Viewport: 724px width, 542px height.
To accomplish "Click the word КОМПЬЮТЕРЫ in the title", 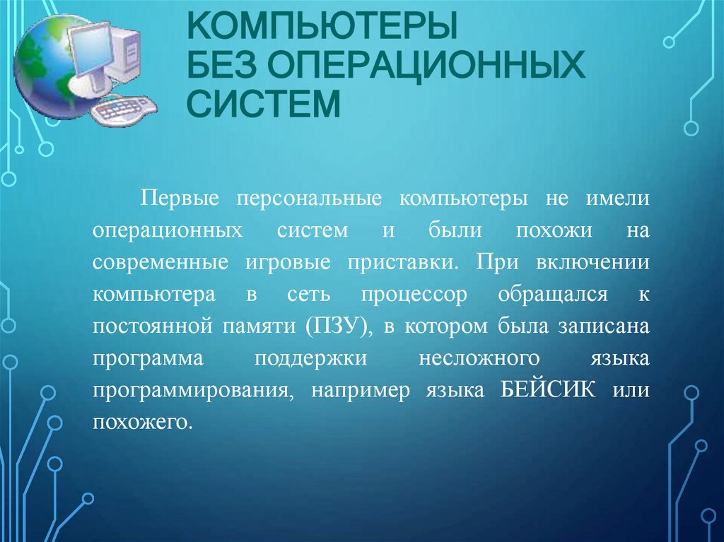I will [322, 28].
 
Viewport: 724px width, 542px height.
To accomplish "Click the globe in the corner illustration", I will [42, 67].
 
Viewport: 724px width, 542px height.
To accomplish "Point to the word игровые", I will [287, 262].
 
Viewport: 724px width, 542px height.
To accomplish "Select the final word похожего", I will [141, 423].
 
